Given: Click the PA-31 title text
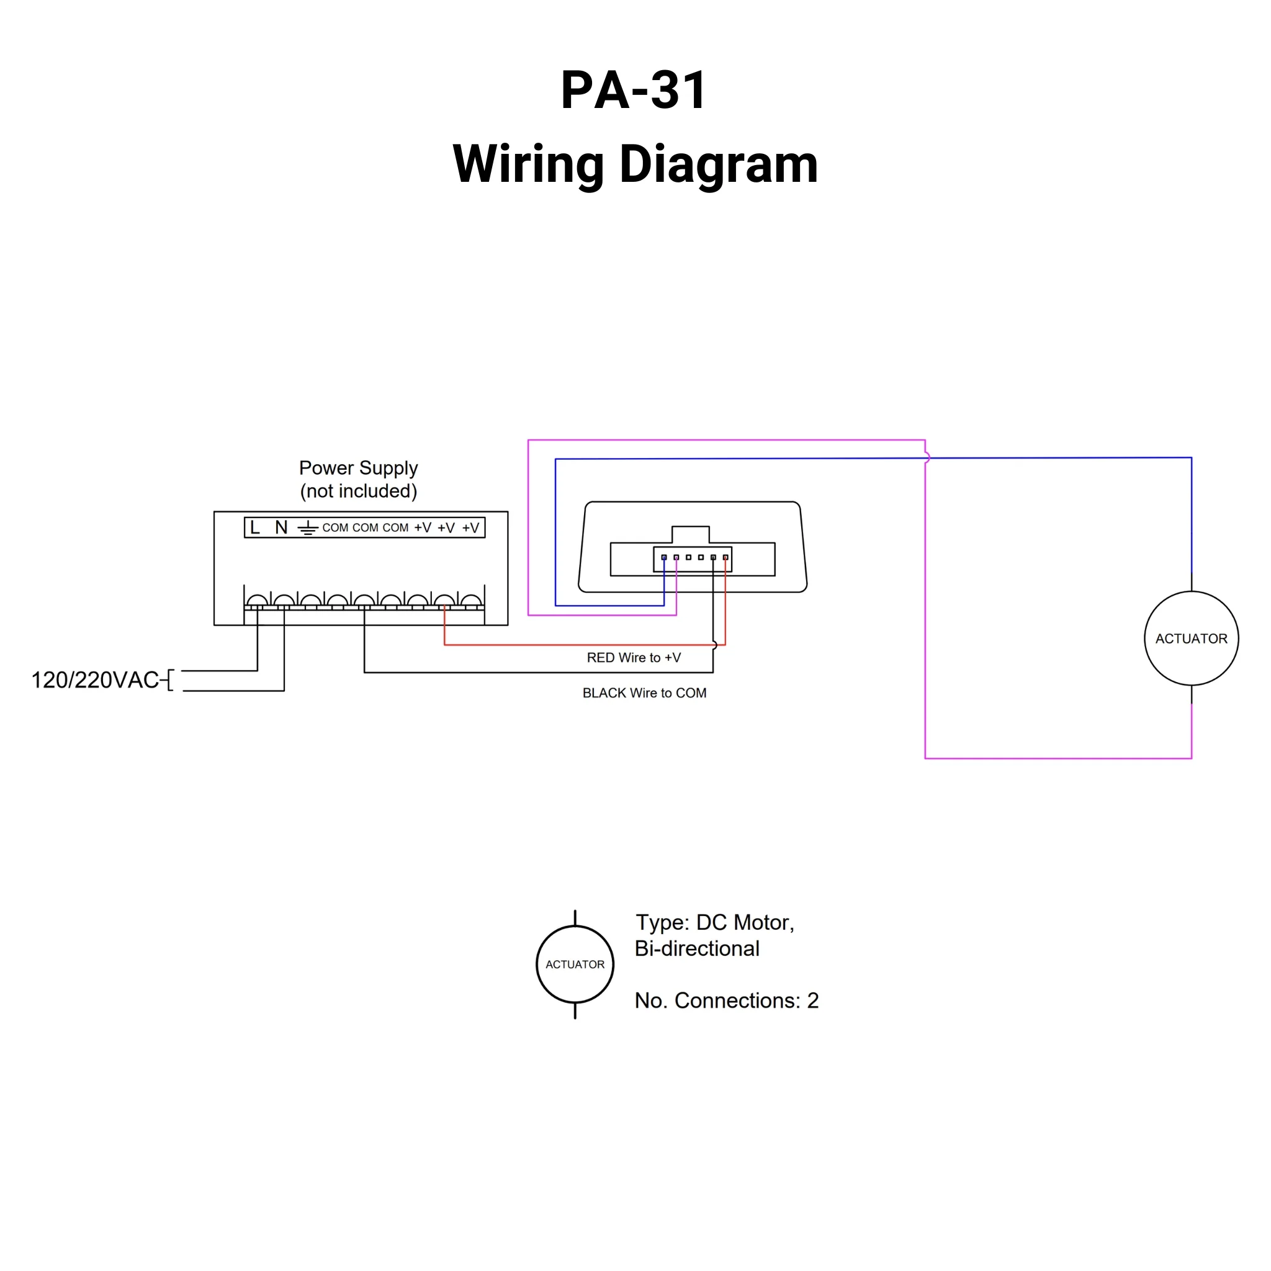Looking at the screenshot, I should [634, 89].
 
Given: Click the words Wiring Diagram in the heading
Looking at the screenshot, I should [635, 164].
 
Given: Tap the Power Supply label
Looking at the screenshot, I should [358, 468].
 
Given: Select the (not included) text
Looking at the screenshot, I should [359, 491].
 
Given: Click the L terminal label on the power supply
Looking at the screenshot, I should [255, 528].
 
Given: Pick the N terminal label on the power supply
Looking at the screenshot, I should [281, 528].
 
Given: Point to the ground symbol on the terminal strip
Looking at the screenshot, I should [307, 528].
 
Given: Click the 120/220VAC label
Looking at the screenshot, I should [96, 680].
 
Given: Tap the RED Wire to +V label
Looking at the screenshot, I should [634, 658].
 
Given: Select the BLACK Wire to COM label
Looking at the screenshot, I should [644, 693].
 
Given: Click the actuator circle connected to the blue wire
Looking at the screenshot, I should [1191, 638].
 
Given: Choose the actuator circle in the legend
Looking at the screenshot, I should [575, 964].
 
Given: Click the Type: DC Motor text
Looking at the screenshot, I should [714, 922].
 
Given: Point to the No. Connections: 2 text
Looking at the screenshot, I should [726, 1000].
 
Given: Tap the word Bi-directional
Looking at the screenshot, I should [697, 949].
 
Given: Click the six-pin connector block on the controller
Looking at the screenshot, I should [692, 559].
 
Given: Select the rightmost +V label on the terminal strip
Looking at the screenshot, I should [470, 528].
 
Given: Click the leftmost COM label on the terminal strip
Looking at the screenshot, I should [335, 528].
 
